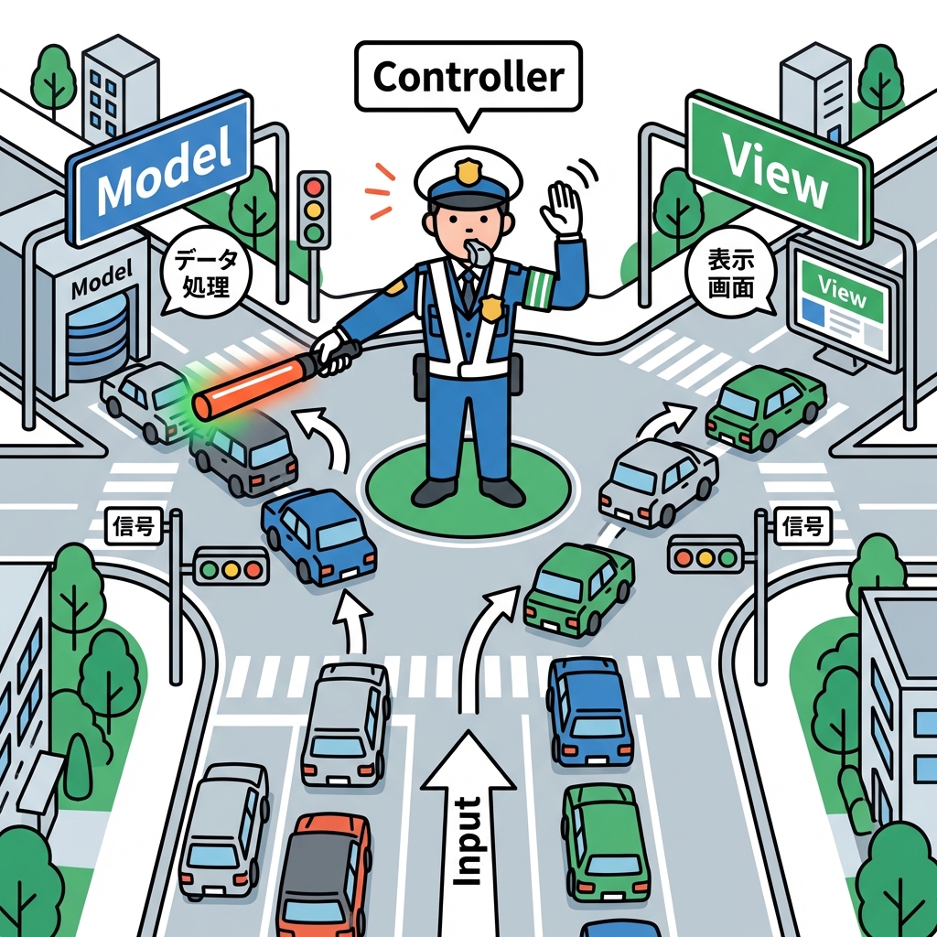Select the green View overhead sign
pyautogui.click(x=776, y=169)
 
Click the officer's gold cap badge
pyautogui.click(x=468, y=170)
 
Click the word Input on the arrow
pyautogui.click(x=468, y=840)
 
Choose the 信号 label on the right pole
pyautogui.click(x=803, y=526)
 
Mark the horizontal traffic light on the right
pyautogui.click(x=704, y=555)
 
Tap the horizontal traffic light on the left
pyautogui.click(x=231, y=566)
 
